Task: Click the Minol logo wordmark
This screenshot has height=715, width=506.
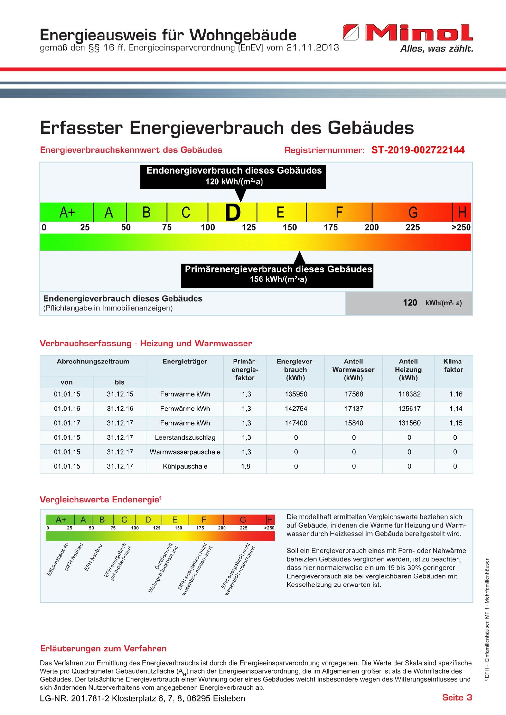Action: pyautogui.click(x=419, y=33)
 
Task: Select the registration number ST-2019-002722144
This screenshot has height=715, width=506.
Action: pyautogui.click(x=418, y=150)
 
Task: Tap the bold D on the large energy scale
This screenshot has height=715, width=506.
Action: pyautogui.click(x=233, y=212)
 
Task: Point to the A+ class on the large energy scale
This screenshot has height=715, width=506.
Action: pyautogui.click(x=67, y=212)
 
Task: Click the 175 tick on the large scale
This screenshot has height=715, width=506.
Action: pyautogui.click(x=331, y=227)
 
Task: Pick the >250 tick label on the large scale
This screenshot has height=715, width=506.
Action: pyautogui.click(x=461, y=227)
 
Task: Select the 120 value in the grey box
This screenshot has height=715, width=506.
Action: pyautogui.click(x=410, y=303)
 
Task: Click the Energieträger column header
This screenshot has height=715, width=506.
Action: pyautogui.click(x=185, y=361)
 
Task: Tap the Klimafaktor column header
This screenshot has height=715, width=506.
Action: pyautogui.click(x=454, y=365)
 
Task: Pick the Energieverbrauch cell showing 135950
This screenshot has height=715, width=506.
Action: pyautogui.click(x=296, y=394)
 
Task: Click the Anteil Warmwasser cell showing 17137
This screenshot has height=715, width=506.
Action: pyautogui.click(x=354, y=409)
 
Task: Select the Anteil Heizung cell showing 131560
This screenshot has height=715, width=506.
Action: pyautogui.click(x=409, y=423)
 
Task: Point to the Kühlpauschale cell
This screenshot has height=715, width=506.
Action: pyautogui.click(x=185, y=466)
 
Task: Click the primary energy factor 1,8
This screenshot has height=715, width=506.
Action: pyautogui.click(x=246, y=466)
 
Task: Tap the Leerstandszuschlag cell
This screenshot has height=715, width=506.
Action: pyautogui.click(x=185, y=437)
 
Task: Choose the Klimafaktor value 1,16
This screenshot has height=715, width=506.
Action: pyautogui.click(x=456, y=394)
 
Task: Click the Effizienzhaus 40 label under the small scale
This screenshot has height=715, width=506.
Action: pyautogui.click(x=58, y=559)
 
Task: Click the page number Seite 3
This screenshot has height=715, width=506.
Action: pyautogui.click(x=457, y=698)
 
